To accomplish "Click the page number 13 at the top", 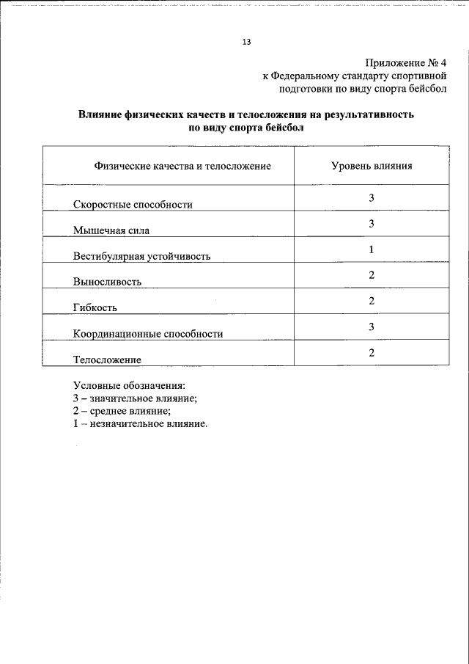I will [246, 43].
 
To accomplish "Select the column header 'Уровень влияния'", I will [372, 166].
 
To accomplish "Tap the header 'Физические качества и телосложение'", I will [182, 167].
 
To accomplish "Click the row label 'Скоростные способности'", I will [133, 205].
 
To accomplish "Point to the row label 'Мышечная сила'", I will [111, 230].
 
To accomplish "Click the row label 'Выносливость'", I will [107, 282].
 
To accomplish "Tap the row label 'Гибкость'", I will [95, 307].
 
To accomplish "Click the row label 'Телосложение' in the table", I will [107, 360].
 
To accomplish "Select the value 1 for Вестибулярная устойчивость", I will [372, 249].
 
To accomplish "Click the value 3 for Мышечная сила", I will [372, 224].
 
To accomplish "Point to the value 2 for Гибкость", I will [372, 301].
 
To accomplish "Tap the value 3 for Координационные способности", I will [372, 326].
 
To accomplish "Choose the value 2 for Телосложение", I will [372, 353].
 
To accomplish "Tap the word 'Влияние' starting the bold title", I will [100, 115].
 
